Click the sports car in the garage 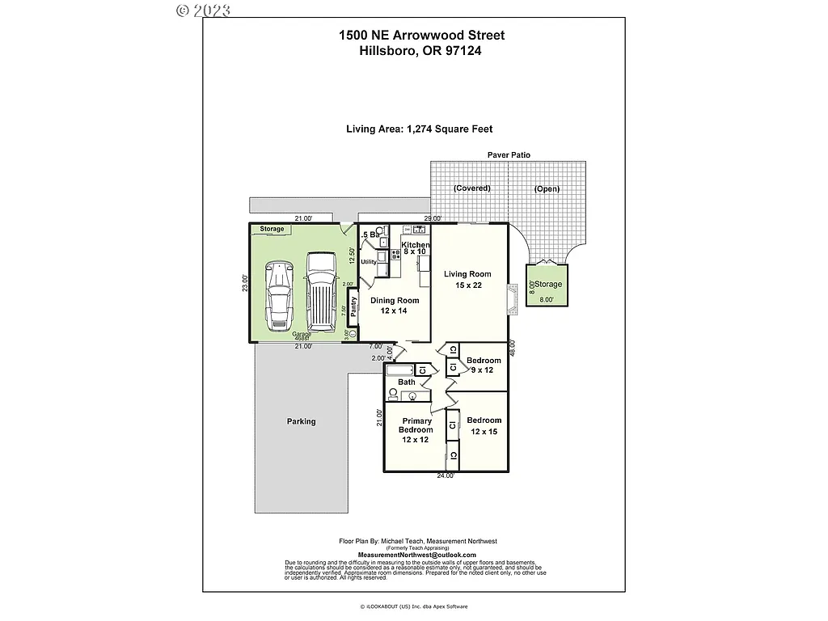[279, 296]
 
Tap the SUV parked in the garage [321, 291]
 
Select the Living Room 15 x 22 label [467, 280]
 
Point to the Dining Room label [395, 306]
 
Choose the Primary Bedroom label [417, 430]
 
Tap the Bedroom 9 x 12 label [484, 365]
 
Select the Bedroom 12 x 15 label [484, 426]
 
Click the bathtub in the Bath [401, 370]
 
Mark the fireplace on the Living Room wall [511, 298]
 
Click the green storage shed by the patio [547, 285]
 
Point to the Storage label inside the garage [272, 229]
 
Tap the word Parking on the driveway [301, 421]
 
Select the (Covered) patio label [472, 188]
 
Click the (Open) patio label [547, 188]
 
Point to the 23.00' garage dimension [244, 284]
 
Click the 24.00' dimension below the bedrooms [446, 475]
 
